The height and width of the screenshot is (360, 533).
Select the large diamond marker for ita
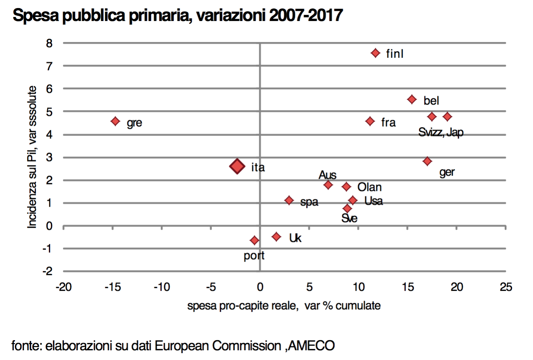(x=237, y=166)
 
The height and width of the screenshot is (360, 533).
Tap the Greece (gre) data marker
(x=115, y=121)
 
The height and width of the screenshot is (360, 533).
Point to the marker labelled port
(x=254, y=240)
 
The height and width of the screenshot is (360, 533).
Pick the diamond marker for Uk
(x=276, y=237)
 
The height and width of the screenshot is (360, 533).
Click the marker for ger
(x=427, y=161)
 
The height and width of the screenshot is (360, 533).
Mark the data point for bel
(x=412, y=99)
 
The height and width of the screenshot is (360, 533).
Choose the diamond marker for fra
(x=370, y=121)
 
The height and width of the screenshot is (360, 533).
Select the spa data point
(x=289, y=200)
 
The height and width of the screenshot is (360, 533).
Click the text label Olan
(x=369, y=187)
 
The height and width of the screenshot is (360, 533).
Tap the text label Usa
(x=373, y=201)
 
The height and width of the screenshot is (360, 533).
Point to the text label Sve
(x=349, y=218)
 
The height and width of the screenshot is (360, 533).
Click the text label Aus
(x=328, y=175)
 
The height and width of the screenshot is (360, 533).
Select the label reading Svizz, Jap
(x=441, y=133)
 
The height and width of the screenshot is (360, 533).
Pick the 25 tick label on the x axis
(x=506, y=287)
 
